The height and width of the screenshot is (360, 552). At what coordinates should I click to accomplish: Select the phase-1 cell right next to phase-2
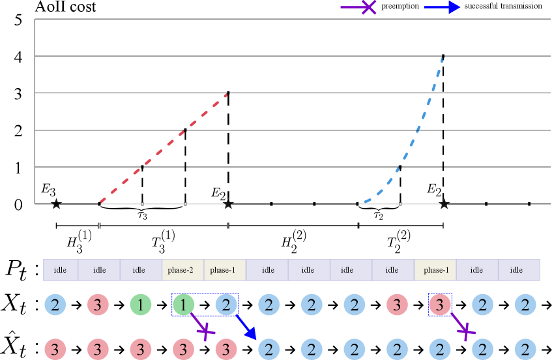click(222, 270)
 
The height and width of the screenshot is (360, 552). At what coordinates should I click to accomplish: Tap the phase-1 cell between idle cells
click(435, 270)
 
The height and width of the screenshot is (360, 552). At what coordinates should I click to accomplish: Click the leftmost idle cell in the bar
click(60, 270)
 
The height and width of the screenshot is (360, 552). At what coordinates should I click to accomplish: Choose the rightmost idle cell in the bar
click(516, 270)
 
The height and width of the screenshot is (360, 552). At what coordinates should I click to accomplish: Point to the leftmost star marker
click(56, 204)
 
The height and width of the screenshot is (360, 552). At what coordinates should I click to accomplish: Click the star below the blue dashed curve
click(444, 204)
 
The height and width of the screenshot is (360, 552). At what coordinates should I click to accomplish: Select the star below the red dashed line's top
click(228, 204)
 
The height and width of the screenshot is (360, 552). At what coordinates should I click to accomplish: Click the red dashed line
click(163, 149)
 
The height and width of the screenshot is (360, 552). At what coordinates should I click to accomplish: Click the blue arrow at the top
click(442, 7)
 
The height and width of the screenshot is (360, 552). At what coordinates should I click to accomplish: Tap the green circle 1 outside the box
click(139, 305)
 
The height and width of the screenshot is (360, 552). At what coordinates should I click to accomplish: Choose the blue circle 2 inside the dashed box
click(225, 305)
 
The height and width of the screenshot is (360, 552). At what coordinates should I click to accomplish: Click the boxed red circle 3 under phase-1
click(440, 305)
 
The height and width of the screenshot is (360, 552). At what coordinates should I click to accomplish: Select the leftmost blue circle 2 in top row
click(55, 305)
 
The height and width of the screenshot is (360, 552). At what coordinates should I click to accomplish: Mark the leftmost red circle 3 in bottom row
click(55, 350)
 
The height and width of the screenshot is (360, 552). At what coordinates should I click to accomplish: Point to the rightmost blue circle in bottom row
click(525, 350)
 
